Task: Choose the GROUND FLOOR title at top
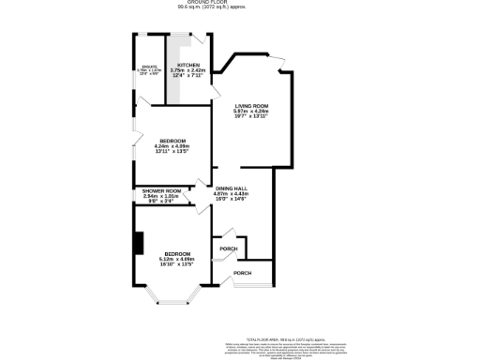239,3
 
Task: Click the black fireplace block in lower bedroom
138,243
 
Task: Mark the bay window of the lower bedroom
172,299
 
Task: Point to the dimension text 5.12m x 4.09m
177,260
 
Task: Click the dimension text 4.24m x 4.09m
172,146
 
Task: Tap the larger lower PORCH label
242,273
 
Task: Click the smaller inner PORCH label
227,248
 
